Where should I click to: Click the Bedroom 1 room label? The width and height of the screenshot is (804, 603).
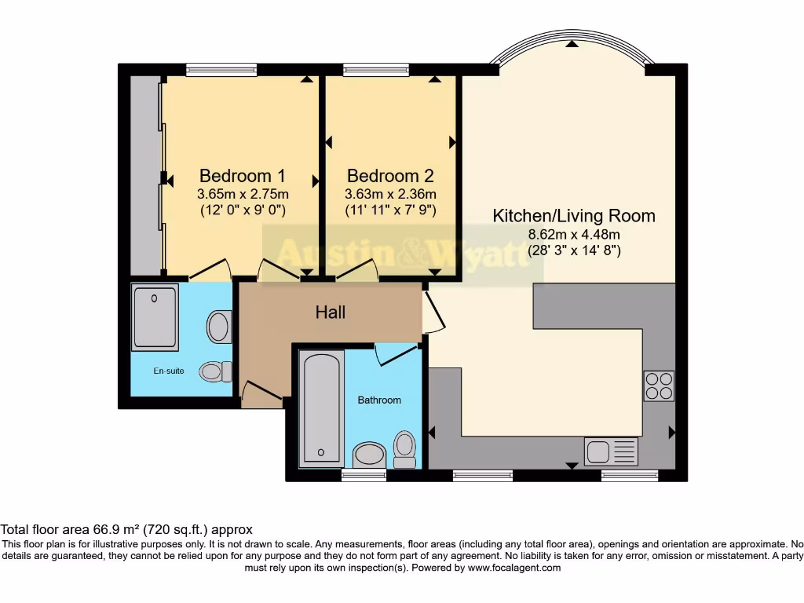click(242, 175)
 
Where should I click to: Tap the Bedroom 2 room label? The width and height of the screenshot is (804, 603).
click(390, 175)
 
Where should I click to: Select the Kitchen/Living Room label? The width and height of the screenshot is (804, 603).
click(573, 215)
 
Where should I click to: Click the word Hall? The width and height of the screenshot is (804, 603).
click(330, 312)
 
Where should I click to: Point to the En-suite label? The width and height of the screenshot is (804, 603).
click(169, 371)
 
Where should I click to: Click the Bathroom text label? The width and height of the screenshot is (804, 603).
click(379, 400)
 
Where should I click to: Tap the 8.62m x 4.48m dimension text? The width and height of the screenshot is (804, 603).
click(573, 234)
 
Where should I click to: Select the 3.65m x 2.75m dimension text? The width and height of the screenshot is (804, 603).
click(242, 194)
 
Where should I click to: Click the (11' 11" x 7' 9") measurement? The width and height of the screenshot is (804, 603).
click(390, 210)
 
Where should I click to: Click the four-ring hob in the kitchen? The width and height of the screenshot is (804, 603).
click(658, 386)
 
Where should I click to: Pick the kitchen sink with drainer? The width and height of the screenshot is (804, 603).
click(611, 451)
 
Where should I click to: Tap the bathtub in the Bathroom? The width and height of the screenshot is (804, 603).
click(320, 407)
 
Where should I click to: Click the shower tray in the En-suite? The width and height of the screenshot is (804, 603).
click(155, 317)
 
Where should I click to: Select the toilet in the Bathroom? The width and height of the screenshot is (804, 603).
click(404, 449)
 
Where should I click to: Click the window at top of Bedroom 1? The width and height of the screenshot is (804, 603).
click(221, 70)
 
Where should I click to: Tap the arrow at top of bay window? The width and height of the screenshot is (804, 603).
click(572, 43)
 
